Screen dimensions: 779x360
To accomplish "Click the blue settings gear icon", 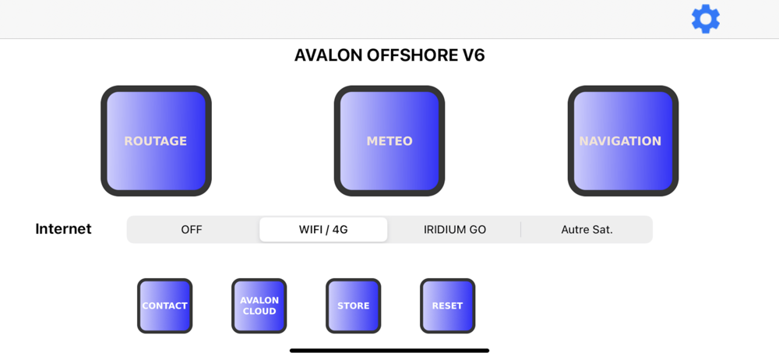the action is click(x=706, y=19).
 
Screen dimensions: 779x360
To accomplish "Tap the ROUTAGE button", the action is click(x=156, y=141).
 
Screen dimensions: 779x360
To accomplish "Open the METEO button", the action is click(x=389, y=141).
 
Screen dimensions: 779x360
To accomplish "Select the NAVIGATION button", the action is click(x=623, y=141).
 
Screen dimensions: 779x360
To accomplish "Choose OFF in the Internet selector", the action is click(x=192, y=230).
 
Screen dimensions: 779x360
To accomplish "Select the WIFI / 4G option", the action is click(x=323, y=230).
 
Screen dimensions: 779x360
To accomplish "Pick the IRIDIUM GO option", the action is click(x=455, y=230).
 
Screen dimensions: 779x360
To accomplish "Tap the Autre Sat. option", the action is click(x=587, y=230).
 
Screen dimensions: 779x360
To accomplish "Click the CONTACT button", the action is click(x=164, y=305).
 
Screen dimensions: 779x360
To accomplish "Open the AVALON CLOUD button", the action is click(x=259, y=305).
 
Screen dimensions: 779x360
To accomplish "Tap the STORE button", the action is click(x=353, y=305).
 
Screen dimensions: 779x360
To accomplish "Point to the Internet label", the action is click(x=64, y=229).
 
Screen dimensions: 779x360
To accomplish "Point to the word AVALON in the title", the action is click(x=329, y=55).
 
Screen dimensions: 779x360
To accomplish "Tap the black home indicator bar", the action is click(x=389, y=351).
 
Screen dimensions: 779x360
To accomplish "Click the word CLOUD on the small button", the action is click(x=259, y=311).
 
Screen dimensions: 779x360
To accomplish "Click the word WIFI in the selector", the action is click(x=310, y=230).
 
